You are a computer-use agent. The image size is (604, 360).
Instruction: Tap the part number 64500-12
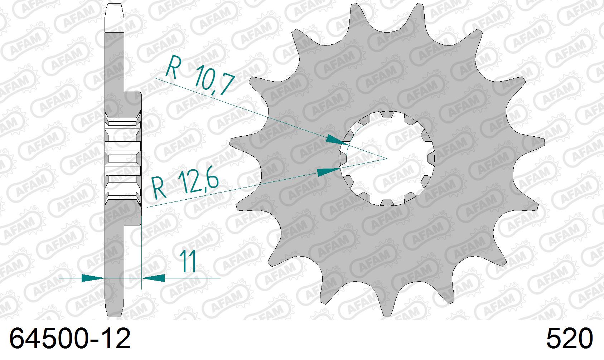tap(70, 339)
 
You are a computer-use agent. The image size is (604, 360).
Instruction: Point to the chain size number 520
tap(569, 339)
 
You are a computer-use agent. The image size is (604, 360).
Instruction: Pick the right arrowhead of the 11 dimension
tap(154, 278)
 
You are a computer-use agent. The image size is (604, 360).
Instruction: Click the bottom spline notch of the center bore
tap(387, 202)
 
